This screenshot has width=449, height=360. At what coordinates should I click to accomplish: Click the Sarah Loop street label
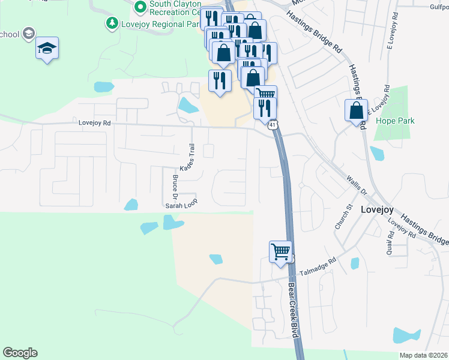181,205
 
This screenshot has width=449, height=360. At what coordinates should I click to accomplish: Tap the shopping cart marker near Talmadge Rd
280,252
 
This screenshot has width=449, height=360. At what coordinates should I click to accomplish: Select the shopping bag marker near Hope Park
356,111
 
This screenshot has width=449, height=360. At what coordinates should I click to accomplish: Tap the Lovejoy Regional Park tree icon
111,23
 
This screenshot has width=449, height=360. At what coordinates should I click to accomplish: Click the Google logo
20,353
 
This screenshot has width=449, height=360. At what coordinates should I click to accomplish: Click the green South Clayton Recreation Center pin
140,7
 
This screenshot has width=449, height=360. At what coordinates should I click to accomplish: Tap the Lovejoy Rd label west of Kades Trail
95,122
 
